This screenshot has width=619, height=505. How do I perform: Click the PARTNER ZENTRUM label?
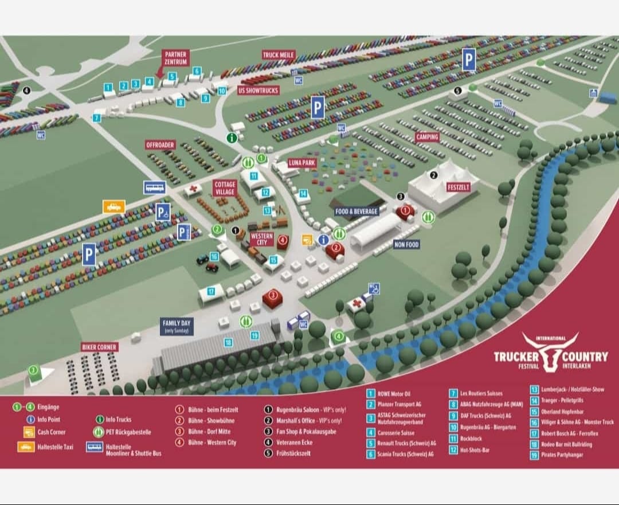tap(175, 58)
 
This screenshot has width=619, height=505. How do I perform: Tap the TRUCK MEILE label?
tap(279, 55)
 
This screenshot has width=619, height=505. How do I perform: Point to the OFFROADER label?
tap(160, 145)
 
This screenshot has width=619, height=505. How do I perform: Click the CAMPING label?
tap(427, 137)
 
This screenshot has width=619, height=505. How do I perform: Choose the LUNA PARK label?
tap(302, 163)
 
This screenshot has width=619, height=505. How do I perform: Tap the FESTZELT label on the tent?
tap(459, 187)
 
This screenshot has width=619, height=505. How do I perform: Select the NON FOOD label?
tap(407, 245)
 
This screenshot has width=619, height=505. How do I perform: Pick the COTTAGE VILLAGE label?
tap(225, 188)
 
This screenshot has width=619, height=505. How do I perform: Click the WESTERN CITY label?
tap(261, 239)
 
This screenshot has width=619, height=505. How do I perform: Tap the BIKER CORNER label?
tap(99, 347)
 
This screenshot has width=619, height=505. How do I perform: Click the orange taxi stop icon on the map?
tap(113, 206)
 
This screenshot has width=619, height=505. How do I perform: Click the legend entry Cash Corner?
tap(52, 432)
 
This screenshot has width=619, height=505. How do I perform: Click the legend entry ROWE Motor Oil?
tap(394, 394)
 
